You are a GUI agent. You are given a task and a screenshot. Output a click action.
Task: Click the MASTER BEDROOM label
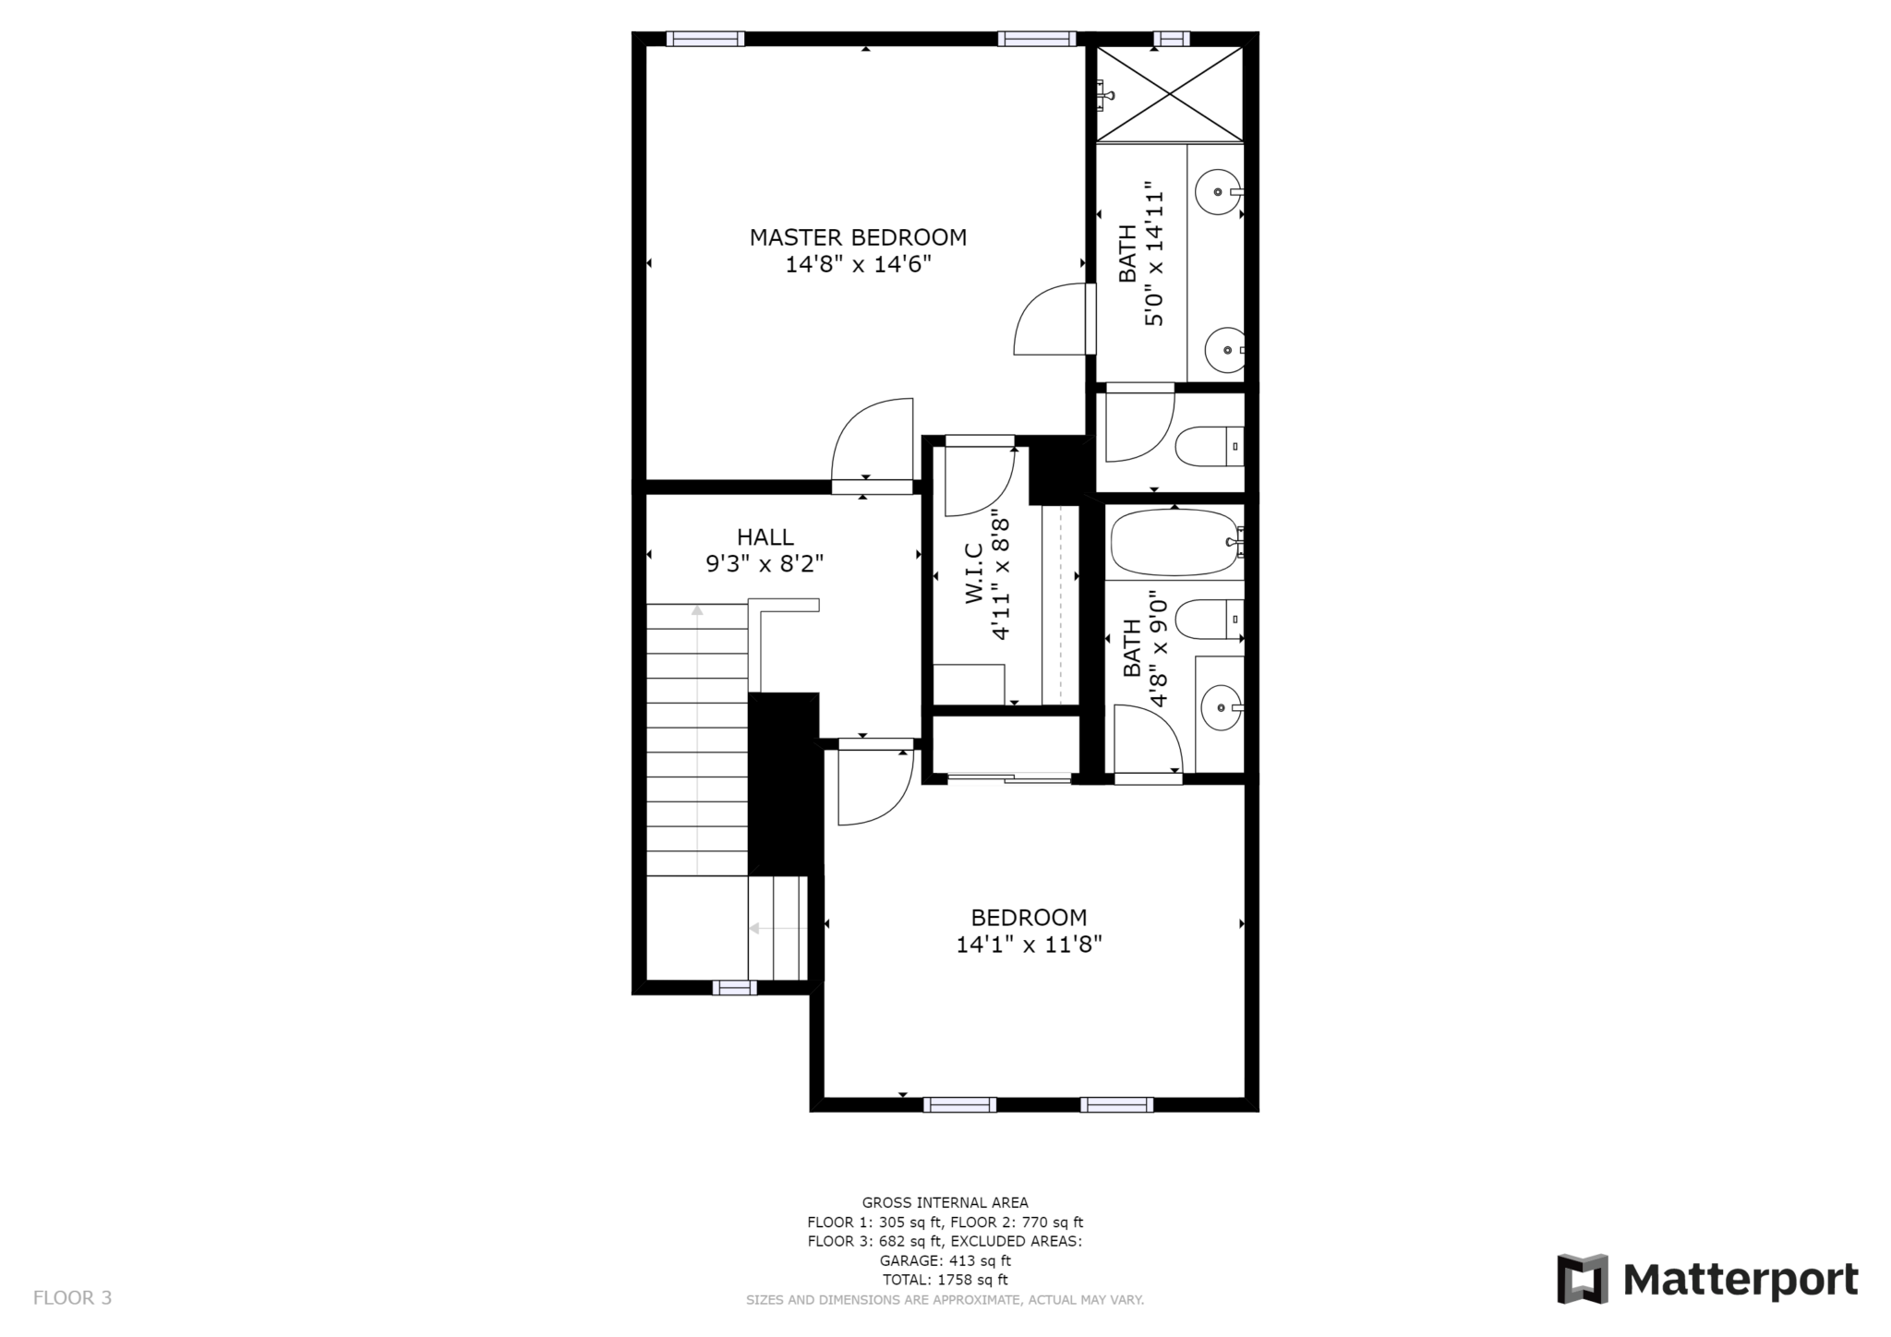point(858,237)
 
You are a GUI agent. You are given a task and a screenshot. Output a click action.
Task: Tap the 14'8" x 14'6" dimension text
point(858,265)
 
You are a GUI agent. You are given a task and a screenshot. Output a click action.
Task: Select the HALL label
point(765,536)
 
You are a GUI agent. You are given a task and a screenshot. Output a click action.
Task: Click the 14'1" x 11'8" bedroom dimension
point(1029,945)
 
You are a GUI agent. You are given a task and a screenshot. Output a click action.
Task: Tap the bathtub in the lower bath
point(1173,543)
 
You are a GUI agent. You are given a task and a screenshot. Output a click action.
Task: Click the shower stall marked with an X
point(1170,93)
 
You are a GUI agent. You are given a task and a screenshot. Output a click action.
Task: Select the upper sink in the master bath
point(1218,192)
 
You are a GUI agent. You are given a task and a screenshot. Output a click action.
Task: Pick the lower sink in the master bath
point(1225,350)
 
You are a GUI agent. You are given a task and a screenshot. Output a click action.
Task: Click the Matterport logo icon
point(1583,1279)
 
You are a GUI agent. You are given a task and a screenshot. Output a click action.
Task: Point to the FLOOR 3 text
point(72,1297)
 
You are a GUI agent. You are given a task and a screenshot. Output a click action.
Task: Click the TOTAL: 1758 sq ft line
point(945,1280)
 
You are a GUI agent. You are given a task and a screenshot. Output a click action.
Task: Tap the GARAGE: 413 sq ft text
point(945,1260)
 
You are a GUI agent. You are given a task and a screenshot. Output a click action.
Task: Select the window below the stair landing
point(734,988)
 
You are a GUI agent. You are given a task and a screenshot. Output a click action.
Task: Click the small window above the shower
point(1171,39)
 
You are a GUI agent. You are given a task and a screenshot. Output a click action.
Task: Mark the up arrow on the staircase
point(697,610)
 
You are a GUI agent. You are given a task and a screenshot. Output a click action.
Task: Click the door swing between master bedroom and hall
point(872,441)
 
